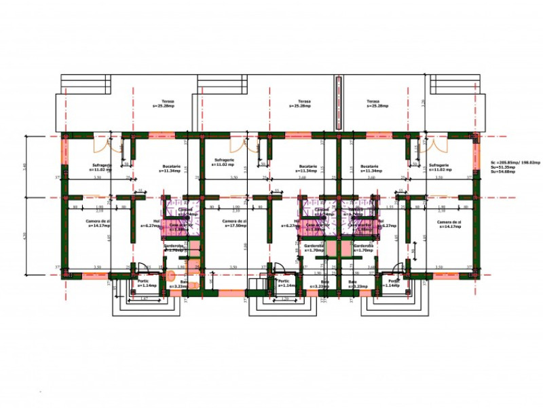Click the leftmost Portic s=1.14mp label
(x=144, y=284)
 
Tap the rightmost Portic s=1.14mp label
(x=393, y=284)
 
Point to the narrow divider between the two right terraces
(x=337, y=102)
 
